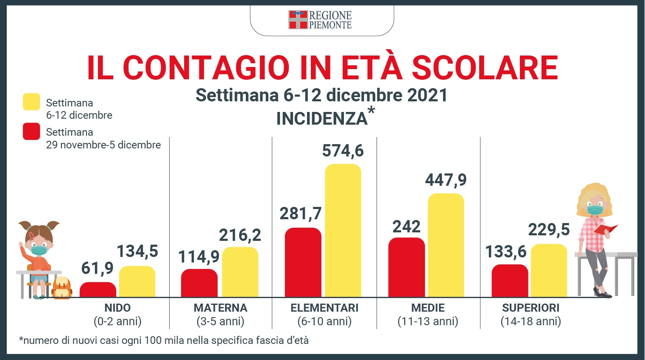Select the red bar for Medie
(x=406, y=267)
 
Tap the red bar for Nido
(x=98, y=290)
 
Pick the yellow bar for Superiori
(x=549, y=271)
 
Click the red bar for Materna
(x=199, y=283)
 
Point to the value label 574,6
(x=343, y=151)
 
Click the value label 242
(x=406, y=227)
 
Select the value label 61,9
(x=97, y=268)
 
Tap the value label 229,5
(x=549, y=230)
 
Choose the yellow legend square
(x=31, y=102)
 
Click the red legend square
(x=31, y=131)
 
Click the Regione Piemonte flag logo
(x=298, y=20)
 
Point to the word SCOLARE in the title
(x=485, y=68)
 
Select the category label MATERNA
(x=221, y=308)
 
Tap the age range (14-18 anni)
(x=531, y=321)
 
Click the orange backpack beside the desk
(x=62, y=288)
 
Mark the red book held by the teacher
(x=605, y=229)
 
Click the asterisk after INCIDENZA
(x=371, y=111)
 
